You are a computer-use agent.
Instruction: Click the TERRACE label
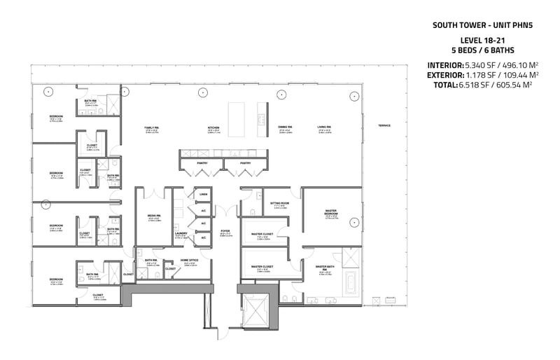pos(384,125)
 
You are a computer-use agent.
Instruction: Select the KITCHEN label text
pos(213,127)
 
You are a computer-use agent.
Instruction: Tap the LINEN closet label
pos(204,194)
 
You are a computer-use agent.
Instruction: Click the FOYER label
pos(225,230)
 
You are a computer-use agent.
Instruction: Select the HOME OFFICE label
pos(190,260)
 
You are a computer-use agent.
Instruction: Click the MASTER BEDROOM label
pos(331,212)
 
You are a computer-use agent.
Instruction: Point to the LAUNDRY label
pos(181,233)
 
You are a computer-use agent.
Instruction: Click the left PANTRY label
pos(202,162)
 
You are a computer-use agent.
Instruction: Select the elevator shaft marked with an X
pos(255,307)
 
